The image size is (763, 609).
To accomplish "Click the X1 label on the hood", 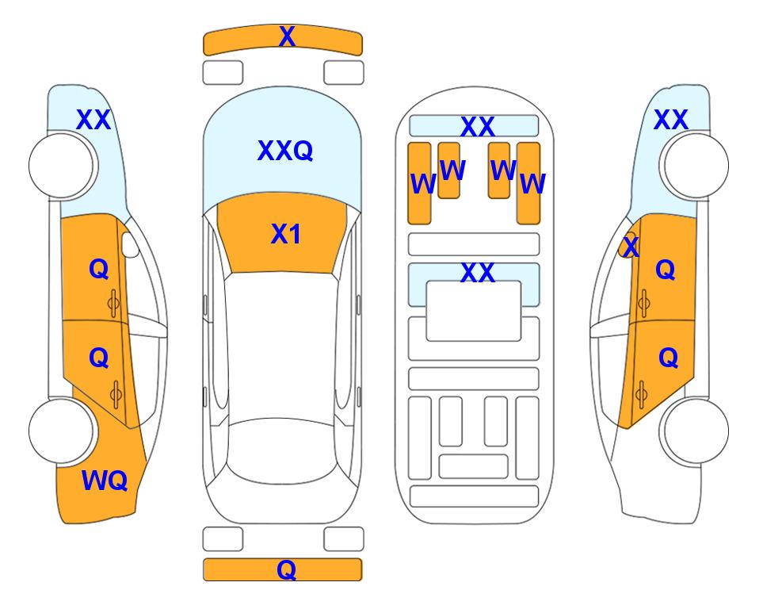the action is pyautogui.click(x=286, y=234).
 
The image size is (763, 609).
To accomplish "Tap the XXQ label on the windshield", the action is pyautogui.click(x=285, y=150).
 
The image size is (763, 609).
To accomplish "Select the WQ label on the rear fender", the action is pyautogui.click(x=105, y=481).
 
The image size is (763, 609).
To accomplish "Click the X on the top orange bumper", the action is pyautogui.click(x=287, y=36).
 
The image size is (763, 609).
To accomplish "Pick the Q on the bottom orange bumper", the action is pyautogui.click(x=287, y=569).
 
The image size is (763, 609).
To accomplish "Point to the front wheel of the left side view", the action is pyautogui.click(x=61, y=166).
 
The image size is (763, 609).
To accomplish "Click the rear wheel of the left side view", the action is pyautogui.click(x=61, y=431).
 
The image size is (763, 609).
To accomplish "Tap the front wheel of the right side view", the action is pyautogui.click(x=696, y=166).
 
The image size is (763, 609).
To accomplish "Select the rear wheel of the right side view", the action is pyautogui.click(x=696, y=431).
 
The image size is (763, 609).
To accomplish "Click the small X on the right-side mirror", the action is pyautogui.click(x=631, y=246).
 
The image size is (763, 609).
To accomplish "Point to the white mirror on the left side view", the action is pyautogui.click(x=129, y=245).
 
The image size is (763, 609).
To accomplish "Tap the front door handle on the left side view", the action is pyautogui.click(x=113, y=304).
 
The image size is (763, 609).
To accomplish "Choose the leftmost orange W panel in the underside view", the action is pyautogui.click(x=419, y=183).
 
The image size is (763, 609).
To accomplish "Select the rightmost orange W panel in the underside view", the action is pyautogui.click(x=528, y=183).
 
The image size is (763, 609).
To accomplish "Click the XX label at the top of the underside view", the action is pyautogui.click(x=477, y=127).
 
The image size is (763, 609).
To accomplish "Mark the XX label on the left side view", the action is pyautogui.click(x=93, y=120).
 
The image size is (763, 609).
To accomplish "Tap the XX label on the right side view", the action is pyautogui.click(x=670, y=120).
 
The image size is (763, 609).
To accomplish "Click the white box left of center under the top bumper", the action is pyautogui.click(x=223, y=73).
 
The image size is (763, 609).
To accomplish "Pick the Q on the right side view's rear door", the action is pyautogui.click(x=668, y=358).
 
